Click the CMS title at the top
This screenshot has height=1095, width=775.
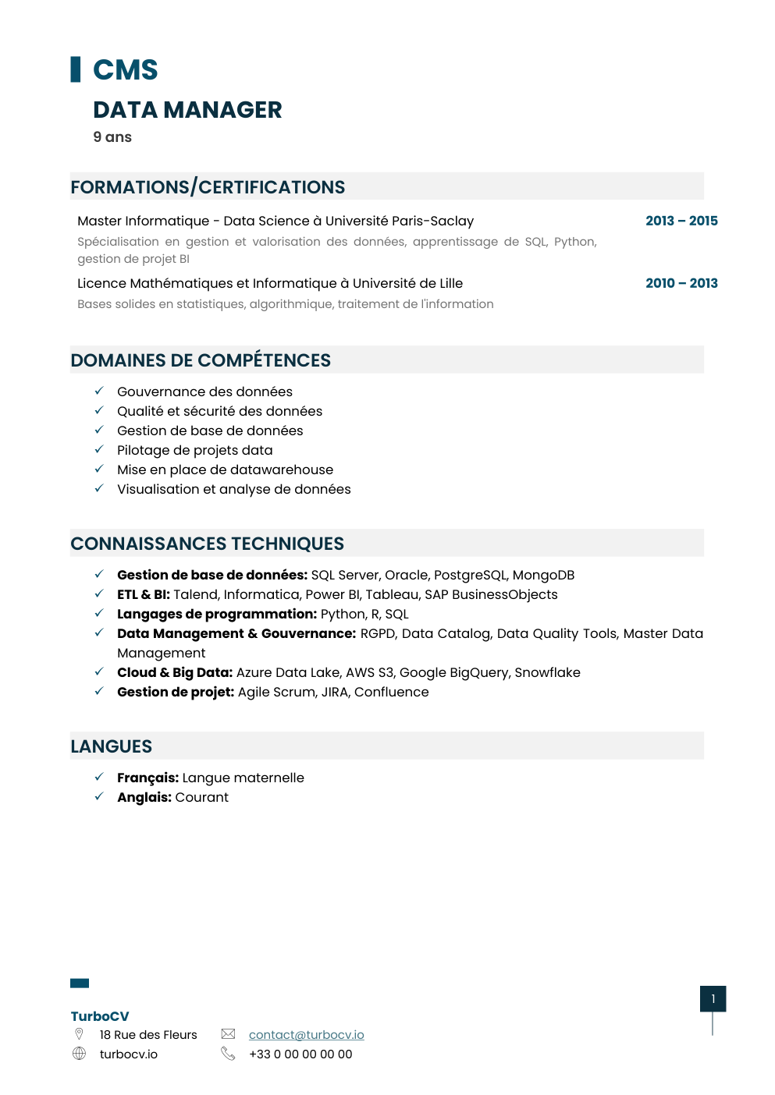click(125, 70)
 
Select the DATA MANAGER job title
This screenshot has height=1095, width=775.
click(187, 110)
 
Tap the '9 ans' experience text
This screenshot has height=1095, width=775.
click(112, 137)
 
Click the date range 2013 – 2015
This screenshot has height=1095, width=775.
click(681, 221)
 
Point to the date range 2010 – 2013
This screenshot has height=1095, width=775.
click(681, 283)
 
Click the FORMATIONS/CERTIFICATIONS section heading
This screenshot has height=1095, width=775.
click(208, 187)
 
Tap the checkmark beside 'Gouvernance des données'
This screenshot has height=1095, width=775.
click(99, 391)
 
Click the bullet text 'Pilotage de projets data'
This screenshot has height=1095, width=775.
click(195, 450)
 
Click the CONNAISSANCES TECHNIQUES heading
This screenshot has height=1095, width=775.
click(208, 544)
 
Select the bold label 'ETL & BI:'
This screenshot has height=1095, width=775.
click(144, 594)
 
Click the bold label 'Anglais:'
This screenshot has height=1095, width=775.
click(144, 797)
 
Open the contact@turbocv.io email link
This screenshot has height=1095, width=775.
click(306, 1034)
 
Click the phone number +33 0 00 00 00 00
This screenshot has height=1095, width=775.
click(300, 1054)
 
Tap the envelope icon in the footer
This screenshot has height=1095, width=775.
click(228, 1034)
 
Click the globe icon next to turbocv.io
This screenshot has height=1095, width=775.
click(79, 1054)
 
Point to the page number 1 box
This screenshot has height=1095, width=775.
click(713, 998)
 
